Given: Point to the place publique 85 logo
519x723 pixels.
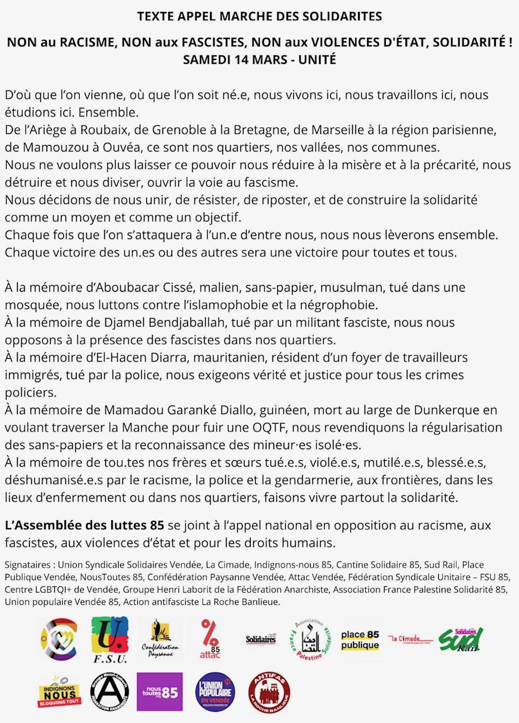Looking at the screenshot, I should point(360,639).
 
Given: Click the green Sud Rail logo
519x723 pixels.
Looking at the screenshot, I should point(461,639).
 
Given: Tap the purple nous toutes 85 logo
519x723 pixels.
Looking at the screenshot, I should point(160,691).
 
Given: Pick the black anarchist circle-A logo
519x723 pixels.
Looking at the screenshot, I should point(110,691).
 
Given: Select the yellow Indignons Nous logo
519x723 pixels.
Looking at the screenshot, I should point(59,691).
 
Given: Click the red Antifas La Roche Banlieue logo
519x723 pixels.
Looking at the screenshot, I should point(269,692).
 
